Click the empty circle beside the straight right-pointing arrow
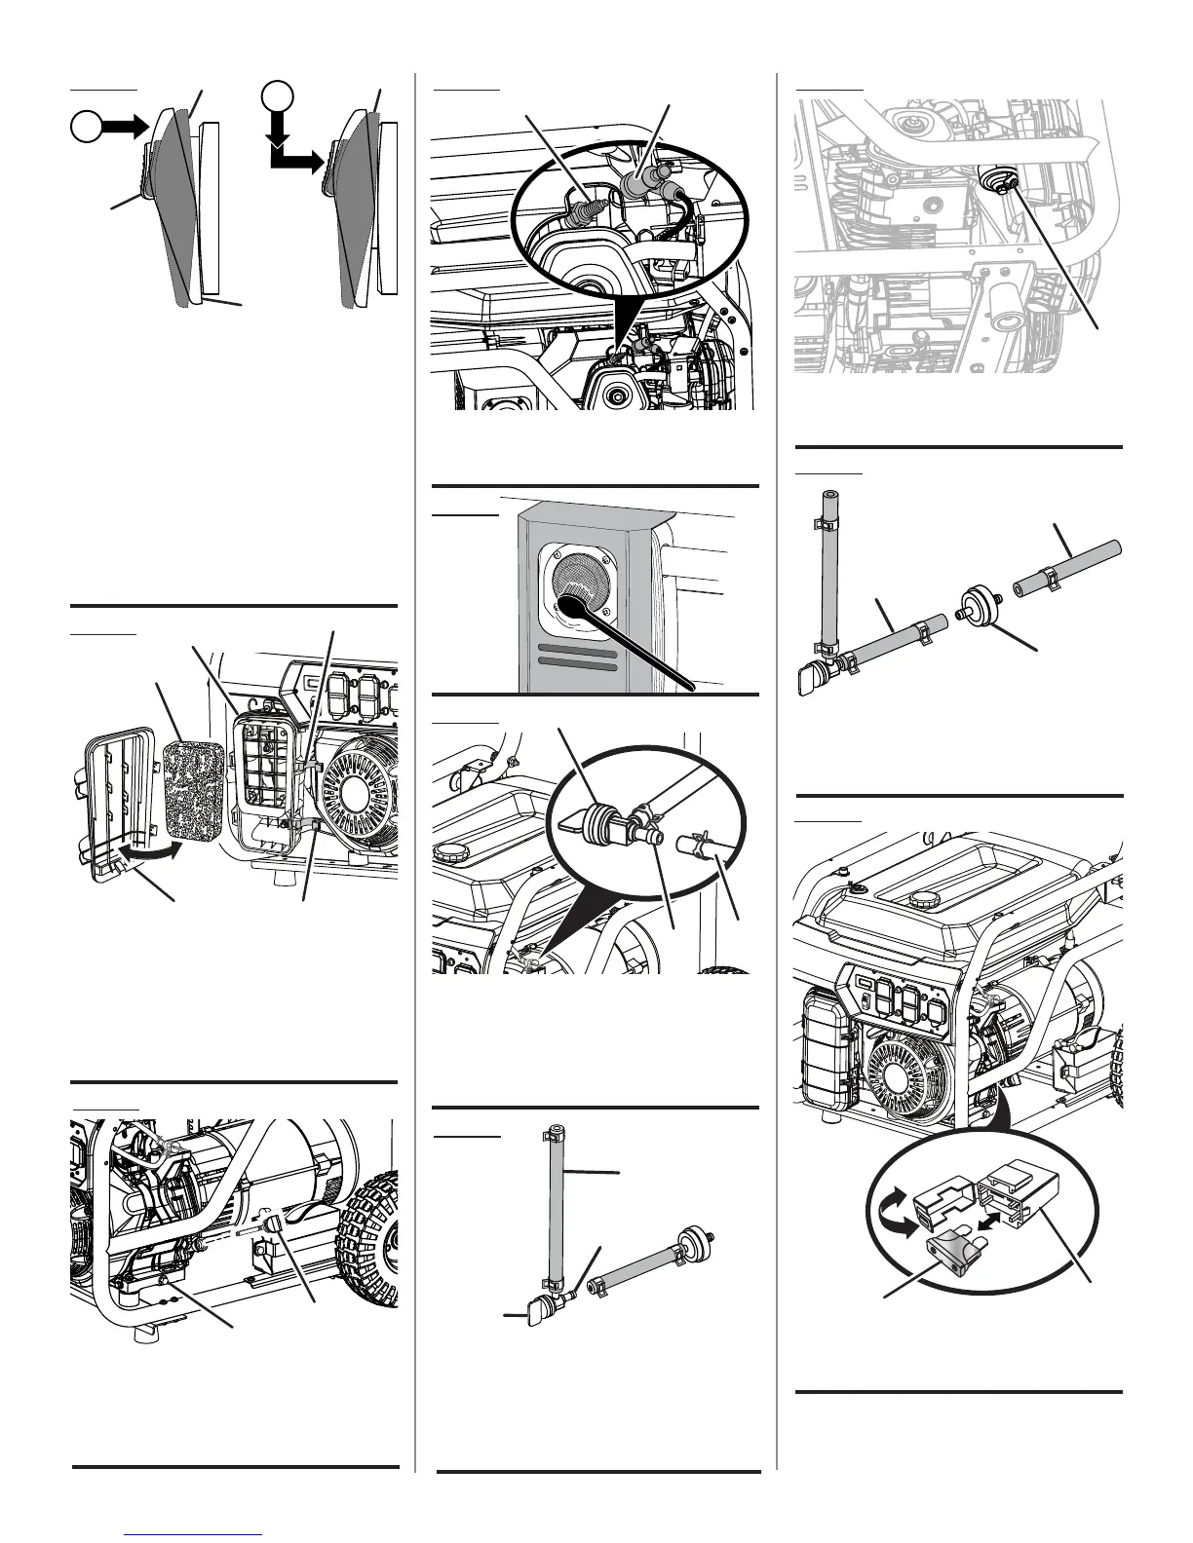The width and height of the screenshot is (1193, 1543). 87,127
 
